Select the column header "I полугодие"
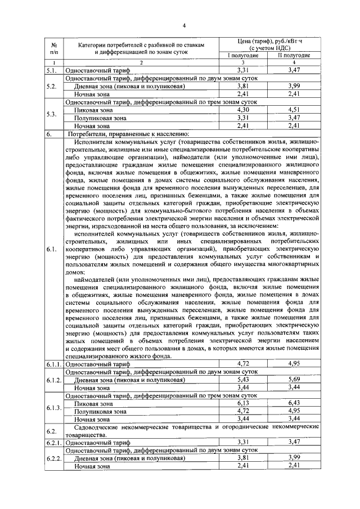[243, 56]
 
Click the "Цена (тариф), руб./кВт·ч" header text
[268, 42]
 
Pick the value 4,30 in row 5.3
[243, 111]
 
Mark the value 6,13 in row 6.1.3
[243, 403]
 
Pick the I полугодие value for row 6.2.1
[243, 443]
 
